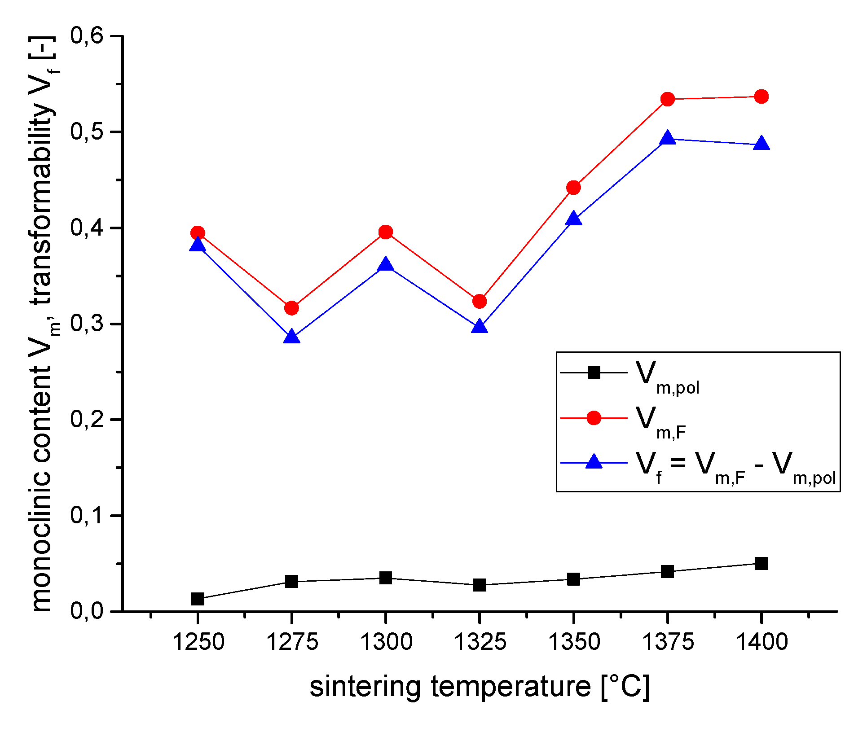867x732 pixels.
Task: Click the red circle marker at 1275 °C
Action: (291, 308)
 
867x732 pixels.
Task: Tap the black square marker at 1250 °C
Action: (198, 599)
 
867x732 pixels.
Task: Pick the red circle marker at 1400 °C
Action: (761, 96)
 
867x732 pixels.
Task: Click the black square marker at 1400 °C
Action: (761, 563)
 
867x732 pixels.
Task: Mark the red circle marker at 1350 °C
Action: (573, 187)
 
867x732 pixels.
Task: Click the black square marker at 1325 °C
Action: (480, 585)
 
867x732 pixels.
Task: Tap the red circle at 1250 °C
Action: (198, 233)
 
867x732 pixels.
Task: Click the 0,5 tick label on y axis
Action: (87, 131)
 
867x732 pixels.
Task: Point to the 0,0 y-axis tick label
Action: (87, 611)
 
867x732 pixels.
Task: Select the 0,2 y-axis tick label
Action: (87, 419)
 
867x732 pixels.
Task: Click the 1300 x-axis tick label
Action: (386, 642)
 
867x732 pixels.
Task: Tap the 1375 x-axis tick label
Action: (668, 642)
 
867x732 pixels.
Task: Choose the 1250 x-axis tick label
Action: (198, 642)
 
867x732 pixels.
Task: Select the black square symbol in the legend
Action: (594, 373)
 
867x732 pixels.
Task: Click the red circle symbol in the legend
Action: (594, 418)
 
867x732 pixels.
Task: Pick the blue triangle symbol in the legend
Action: (594, 462)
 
